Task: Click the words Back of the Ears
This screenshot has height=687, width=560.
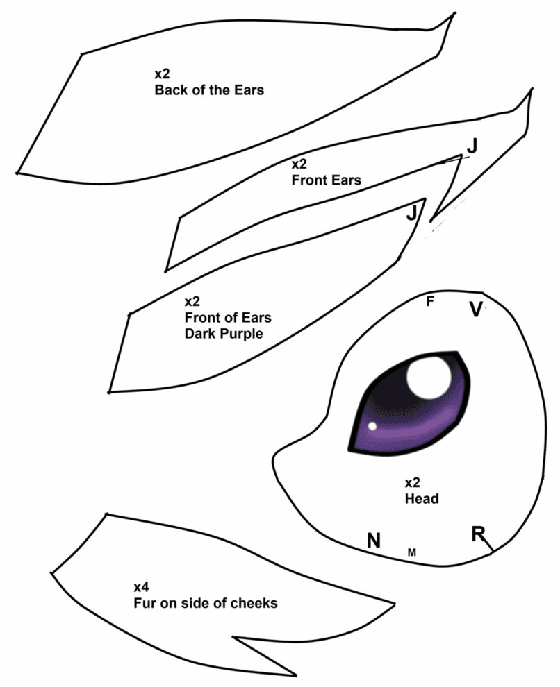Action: [x=209, y=90]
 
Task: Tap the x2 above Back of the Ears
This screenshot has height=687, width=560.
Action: [x=162, y=74]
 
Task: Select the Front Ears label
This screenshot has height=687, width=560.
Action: [x=327, y=180]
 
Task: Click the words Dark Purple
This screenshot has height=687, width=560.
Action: [x=224, y=334]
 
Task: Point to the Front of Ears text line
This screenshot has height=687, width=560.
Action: [x=228, y=317]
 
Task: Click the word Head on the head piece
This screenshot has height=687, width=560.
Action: [x=422, y=499]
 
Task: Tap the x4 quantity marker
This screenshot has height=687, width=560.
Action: [x=142, y=587]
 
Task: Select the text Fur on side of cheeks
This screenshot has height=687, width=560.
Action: [x=205, y=603]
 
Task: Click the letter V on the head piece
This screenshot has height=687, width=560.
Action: [x=475, y=309]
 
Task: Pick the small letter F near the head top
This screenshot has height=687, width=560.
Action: [x=430, y=301]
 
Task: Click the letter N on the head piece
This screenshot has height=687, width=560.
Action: [x=373, y=541]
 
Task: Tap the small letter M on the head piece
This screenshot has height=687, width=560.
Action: [x=412, y=552]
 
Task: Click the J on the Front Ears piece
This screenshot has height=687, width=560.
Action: [x=472, y=146]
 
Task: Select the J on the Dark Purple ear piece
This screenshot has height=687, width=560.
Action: [x=412, y=213]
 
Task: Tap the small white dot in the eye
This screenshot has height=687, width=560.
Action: [x=372, y=426]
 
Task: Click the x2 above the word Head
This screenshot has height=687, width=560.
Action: [x=412, y=483]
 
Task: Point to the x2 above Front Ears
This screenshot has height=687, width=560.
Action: [x=299, y=164]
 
